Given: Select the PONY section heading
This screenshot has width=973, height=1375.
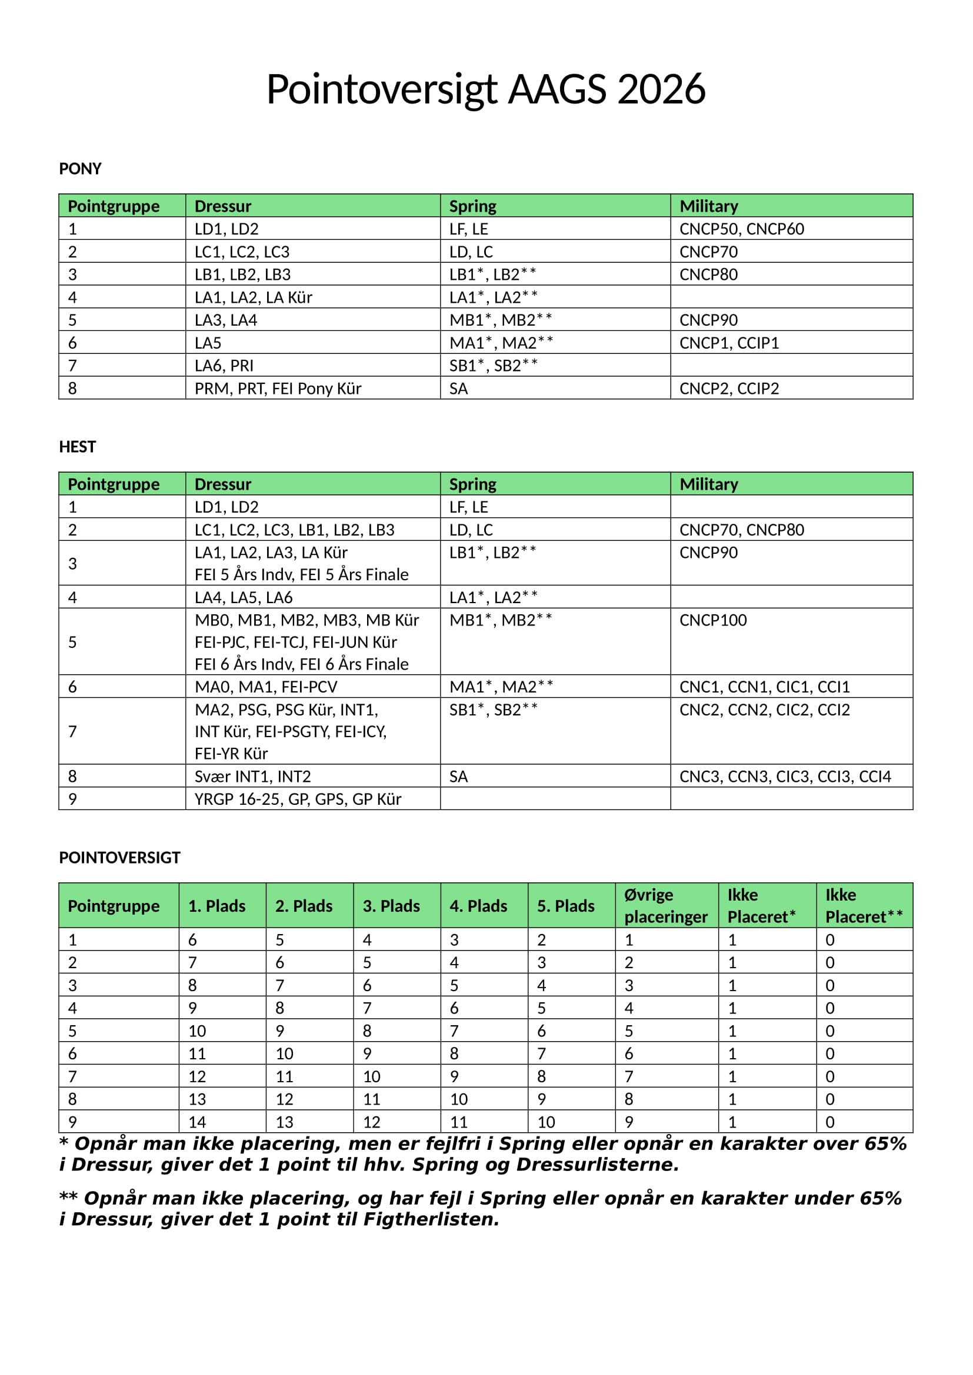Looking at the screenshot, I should point(80,169).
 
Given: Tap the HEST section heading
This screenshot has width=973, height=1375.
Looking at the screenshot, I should point(77,447).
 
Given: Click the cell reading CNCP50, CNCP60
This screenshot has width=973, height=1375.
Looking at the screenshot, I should point(741,229).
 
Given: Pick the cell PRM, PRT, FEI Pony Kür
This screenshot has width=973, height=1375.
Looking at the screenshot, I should point(278,389).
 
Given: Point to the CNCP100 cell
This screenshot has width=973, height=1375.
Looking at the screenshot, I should point(713,620).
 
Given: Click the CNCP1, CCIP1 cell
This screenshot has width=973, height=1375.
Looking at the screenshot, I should point(728,343).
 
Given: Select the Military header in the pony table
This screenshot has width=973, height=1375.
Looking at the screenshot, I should point(708,206).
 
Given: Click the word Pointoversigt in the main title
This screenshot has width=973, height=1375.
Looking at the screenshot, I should point(382,90).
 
